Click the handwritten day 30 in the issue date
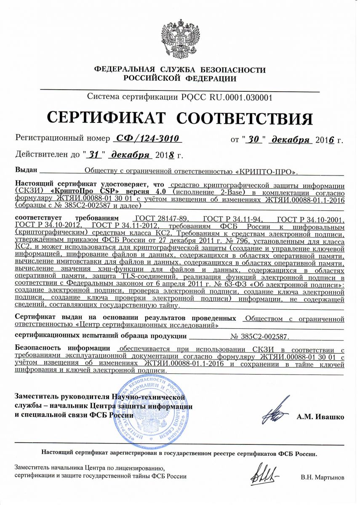(253, 139)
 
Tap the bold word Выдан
(26, 171)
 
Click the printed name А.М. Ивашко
(320, 417)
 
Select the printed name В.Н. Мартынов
(323, 478)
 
